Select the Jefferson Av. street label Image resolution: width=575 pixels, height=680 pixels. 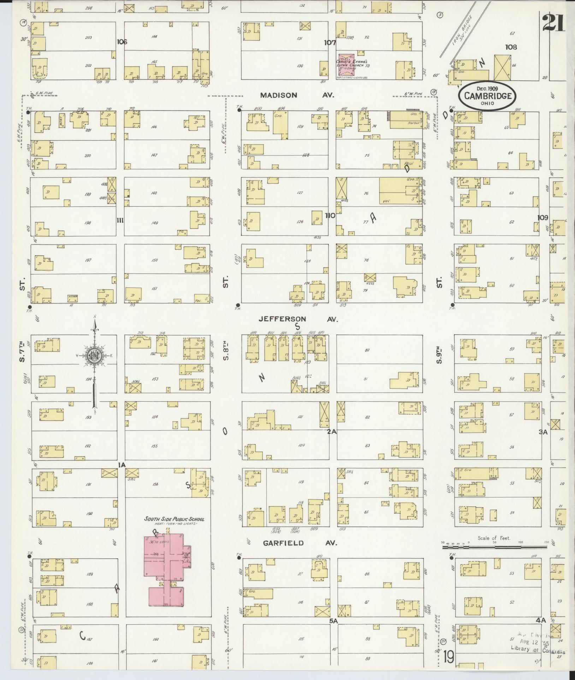point(298,319)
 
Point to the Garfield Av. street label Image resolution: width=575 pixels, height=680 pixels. point(300,543)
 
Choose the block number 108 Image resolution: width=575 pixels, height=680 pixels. point(511,47)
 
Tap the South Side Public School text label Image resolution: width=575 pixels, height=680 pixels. point(174,519)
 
